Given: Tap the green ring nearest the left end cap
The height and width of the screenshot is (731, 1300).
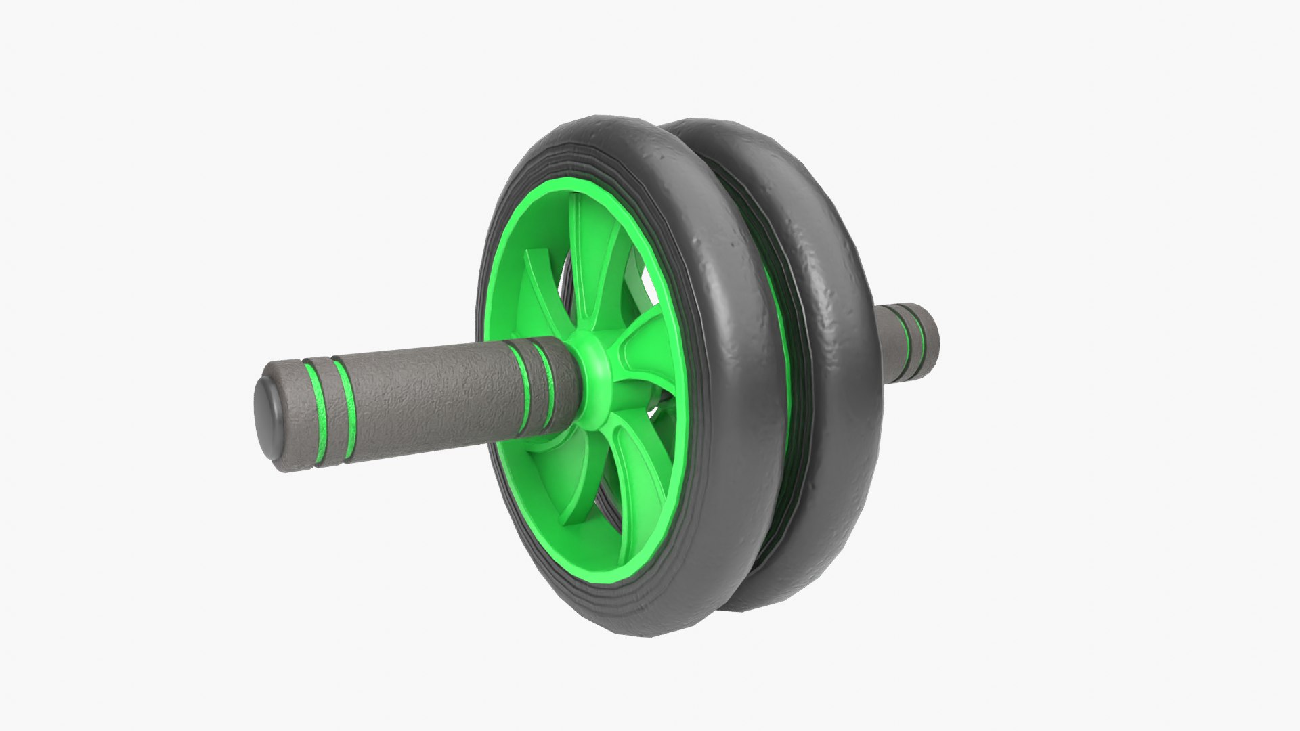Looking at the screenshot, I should click(x=312, y=413).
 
